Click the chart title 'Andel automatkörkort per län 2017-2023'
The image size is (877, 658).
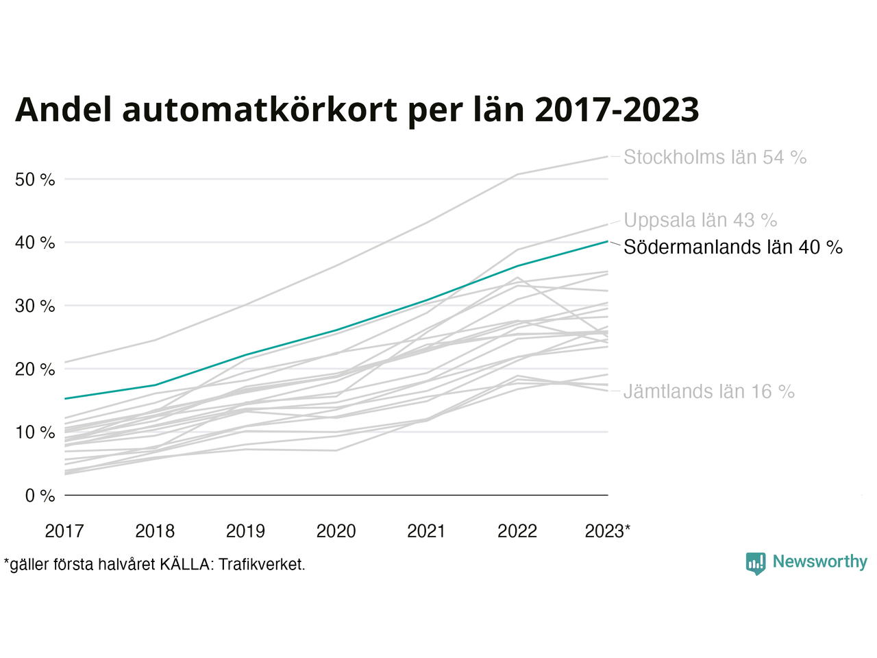[x=357, y=110]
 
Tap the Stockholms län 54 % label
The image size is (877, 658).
[x=715, y=158]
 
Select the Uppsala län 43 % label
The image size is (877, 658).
[x=700, y=221]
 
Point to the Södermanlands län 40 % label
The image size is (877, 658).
[x=732, y=247]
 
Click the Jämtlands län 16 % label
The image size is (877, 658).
[x=708, y=392]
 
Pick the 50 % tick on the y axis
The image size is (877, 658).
[x=35, y=180]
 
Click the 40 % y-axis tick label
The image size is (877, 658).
[x=35, y=243]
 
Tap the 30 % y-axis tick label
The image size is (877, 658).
[x=35, y=306]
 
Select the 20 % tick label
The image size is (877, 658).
[x=35, y=369]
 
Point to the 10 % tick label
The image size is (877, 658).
[x=35, y=432]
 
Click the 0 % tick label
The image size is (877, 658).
[x=40, y=496]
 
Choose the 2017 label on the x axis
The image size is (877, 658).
[x=64, y=531]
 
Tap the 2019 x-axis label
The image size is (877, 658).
[x=245, y=531]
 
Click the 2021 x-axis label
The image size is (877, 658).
[x=426, y=531]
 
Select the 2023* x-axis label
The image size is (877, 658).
[x=608, y=531]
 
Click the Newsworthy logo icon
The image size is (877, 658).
[x=756, y=563]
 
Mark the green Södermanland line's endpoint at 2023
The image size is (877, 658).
[x=608, y=241]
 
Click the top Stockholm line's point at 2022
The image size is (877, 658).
[x=517, y=175]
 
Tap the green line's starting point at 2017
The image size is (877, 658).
[x=64, y=398]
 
